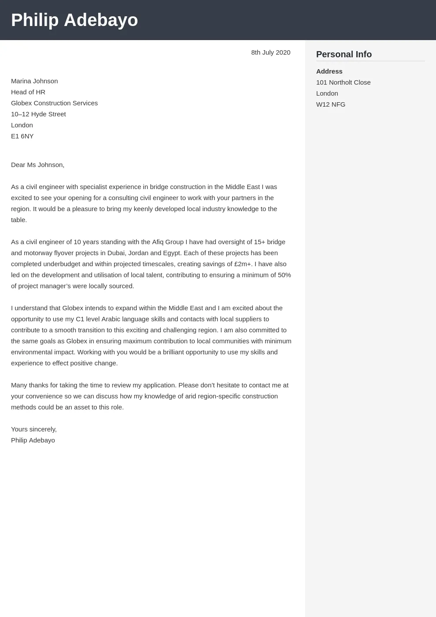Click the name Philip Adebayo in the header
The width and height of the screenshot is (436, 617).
tap(74, 20)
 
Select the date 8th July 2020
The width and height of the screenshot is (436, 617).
tap(270, 52)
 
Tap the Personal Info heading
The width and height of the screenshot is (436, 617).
tap(344, 54)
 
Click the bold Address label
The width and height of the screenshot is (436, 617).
tap(329, 71)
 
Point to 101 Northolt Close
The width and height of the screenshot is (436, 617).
tap(343, 82)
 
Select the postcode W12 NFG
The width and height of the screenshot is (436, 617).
tap(330, 104)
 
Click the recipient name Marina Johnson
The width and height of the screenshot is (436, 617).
tap(34, 81)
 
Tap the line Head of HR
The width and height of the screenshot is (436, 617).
tap(28, 92)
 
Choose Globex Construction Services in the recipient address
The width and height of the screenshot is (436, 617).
tap(54, 103)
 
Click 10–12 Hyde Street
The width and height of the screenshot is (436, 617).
tap(38, 114)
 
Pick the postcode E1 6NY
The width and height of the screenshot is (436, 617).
tap(22, 136)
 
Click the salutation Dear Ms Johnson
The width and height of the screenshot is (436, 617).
tap(37, 165)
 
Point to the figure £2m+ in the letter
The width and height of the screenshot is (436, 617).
tap(242, 264)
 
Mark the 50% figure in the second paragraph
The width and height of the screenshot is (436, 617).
tap(284, 275)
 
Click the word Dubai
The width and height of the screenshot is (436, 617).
tap(116, 253)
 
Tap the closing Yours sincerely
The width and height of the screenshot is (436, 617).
tap(33, 429)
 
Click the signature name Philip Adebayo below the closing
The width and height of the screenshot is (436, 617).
tap(33, 440)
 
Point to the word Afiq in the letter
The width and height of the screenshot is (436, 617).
tap(158, 242)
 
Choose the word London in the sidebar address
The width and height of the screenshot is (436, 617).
tap(327, 93)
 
